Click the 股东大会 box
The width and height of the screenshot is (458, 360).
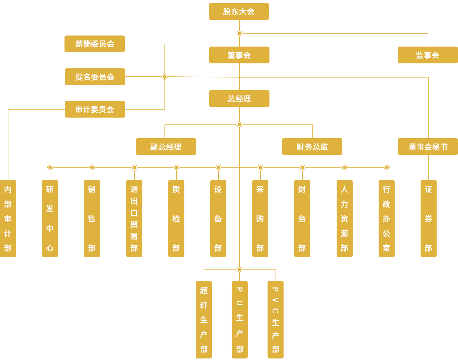click(x=239, y=11)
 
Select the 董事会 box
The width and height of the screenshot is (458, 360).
click(x=239, y=55)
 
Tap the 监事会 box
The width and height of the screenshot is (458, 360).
click(x=427, y=55)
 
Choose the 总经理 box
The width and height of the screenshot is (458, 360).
click(x=239, y=98)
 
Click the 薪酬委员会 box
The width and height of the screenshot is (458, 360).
click(x=94, y=44)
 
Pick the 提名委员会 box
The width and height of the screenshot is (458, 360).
click(x=95, y=77)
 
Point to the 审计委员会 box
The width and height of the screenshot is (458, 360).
click(x=95, y=109)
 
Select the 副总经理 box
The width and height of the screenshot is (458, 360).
click(x=166, y=147)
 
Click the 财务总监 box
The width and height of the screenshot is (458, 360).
click(x=312, y=147)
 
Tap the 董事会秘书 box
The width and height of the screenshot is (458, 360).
click(x=427, y=147)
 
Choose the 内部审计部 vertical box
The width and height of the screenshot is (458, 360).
click(x=8, y=218)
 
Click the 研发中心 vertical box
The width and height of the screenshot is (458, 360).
click(x=50, y=218)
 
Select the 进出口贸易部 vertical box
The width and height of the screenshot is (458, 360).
click(x=134, y=218)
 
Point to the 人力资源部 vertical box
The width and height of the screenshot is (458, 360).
click(x=345, y=218)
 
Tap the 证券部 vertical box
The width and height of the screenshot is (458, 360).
click(x=429, y=218)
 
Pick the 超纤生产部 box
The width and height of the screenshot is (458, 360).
click(x=204, y=320)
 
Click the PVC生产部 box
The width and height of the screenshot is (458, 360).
click(x=276, y=320)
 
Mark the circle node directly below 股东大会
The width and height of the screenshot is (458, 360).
click(x=239, y=33)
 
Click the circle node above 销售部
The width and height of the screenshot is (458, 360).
click(x=92, y=167)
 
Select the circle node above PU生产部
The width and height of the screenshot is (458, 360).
click(x=239, y=269)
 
